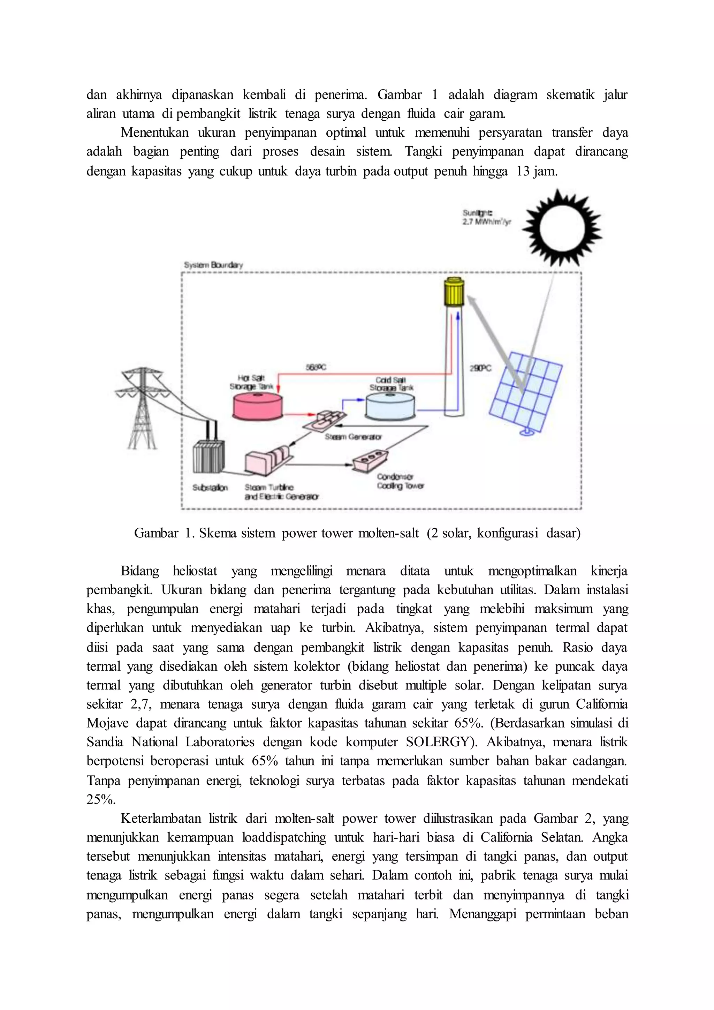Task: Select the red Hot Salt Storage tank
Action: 258,406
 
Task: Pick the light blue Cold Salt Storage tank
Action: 389,406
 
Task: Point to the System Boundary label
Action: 213,265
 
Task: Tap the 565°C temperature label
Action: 316,367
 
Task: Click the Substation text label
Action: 210,488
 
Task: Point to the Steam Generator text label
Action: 353,437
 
